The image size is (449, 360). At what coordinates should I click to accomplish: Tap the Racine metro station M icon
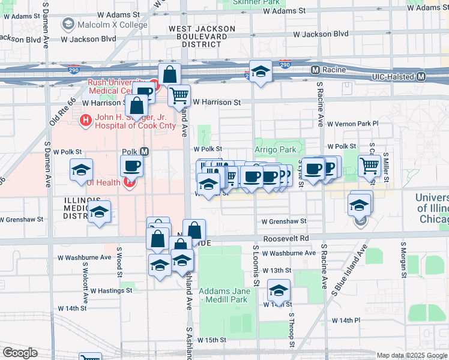click(315, 70)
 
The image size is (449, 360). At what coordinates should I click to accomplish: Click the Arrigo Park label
click(275, 149)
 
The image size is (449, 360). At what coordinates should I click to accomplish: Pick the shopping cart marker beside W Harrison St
click(179, 95)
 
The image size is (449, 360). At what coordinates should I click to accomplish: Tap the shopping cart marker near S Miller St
click(370, 165)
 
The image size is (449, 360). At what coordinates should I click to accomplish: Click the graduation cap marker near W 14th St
click(279, 290)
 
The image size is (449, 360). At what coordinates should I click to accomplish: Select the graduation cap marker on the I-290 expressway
click(261, 71)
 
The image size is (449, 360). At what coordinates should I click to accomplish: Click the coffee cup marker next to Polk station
click(131, 166)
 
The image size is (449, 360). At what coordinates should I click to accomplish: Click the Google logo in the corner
click(20, 353)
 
